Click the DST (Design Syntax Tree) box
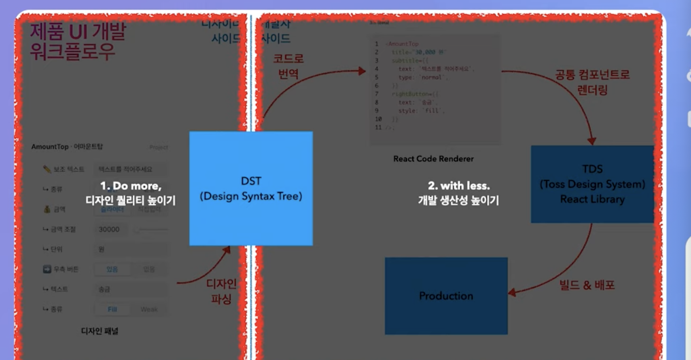(x=251, y=188)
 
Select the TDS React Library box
(x=592, y=184)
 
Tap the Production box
(x=446, y=296)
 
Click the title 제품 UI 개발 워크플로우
(x=78, y=42)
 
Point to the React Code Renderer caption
(x=433, y=159)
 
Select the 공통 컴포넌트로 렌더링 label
(x=592, y=82)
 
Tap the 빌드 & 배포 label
(x=587, y=285)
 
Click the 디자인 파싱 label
(x=221, y=291)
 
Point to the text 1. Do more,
(x=131, y=186)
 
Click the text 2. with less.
(x=459, y=186)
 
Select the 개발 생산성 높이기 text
(x=458, y=200)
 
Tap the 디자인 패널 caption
(x=100, y=331)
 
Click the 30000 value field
(x=109, y=229)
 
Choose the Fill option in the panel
(x=112, y=309)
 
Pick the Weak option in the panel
(x=149, y=309)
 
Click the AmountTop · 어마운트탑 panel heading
(x=67, y=146)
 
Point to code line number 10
(x=378, y=119)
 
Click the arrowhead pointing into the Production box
(x=512, y=292)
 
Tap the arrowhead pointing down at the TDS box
(x=592, y=141)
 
